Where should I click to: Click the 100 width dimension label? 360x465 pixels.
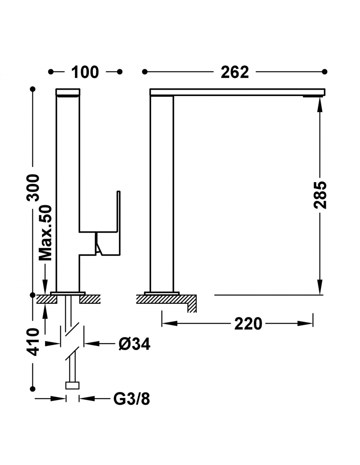[x=85, y=72]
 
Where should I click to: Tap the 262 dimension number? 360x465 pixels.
[x=235, y=72]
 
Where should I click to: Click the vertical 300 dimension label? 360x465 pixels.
[x=33, y=188]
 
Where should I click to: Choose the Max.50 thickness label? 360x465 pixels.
[x=45, y=233]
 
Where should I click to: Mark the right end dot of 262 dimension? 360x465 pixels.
[x=325, y=72]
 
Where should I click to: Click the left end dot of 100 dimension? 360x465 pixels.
[x=51, y=72]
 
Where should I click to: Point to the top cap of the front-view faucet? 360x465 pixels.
[x=68, y=92]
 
